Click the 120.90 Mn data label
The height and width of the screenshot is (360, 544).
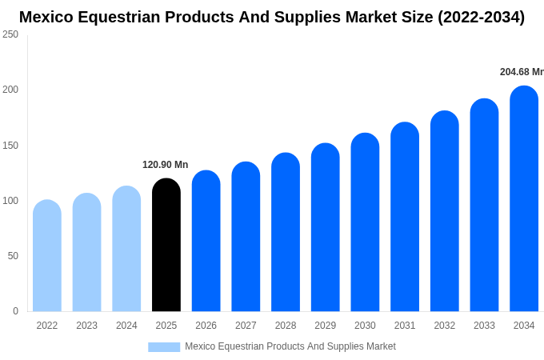click(x=166, y=165)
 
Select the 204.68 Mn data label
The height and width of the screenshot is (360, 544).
click(x=522, y=72)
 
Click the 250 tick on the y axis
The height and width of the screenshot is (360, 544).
click(x=10, y=34)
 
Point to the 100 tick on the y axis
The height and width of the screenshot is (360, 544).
click(x=10, y=201)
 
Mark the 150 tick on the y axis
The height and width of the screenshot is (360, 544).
click(x=10, y=146)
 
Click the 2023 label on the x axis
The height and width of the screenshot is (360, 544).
click(x=86, y=326)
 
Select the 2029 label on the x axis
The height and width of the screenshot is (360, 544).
click(x=325, y=326)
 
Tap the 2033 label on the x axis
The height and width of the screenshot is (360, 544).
click(x=484, y=326)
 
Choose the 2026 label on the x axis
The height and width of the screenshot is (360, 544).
click(x=206, y=326)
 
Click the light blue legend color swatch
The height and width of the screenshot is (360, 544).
click(x=164, y=346)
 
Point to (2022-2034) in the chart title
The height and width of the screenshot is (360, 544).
click(x=481, y=17)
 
